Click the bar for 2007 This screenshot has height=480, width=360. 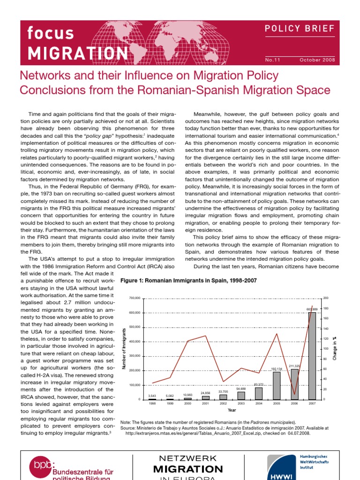point(312,356)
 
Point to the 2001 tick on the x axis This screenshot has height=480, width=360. point(205,403)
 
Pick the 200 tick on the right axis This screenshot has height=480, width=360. point(326,298)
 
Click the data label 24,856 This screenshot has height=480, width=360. point(205,393)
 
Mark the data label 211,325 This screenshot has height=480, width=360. point(294,366)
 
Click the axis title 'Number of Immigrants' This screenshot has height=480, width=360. point(124,349)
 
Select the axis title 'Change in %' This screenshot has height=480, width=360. point(335,349)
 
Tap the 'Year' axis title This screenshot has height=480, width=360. point(232,410)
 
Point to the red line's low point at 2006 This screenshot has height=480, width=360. point(294,394)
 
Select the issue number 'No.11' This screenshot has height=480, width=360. point(272,60)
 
